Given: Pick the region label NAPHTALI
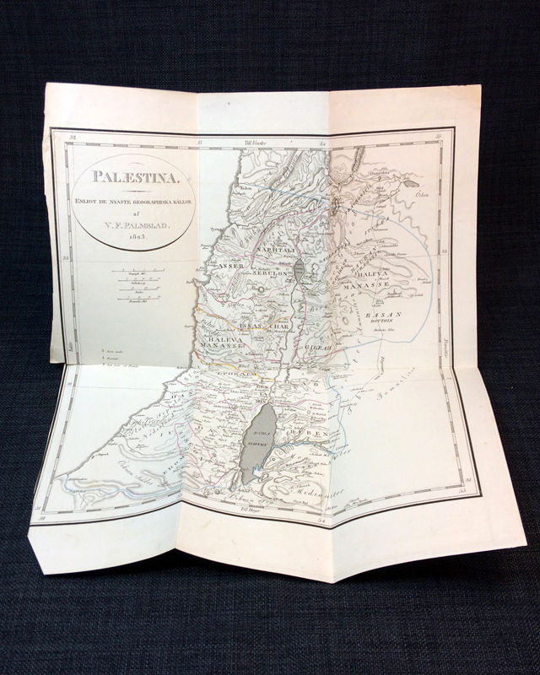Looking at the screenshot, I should tap(267, 251).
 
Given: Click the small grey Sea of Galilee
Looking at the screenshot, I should tap(301, 270).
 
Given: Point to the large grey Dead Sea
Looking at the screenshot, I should tap(256, 442).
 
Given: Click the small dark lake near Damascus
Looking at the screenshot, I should tap(410, 182).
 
